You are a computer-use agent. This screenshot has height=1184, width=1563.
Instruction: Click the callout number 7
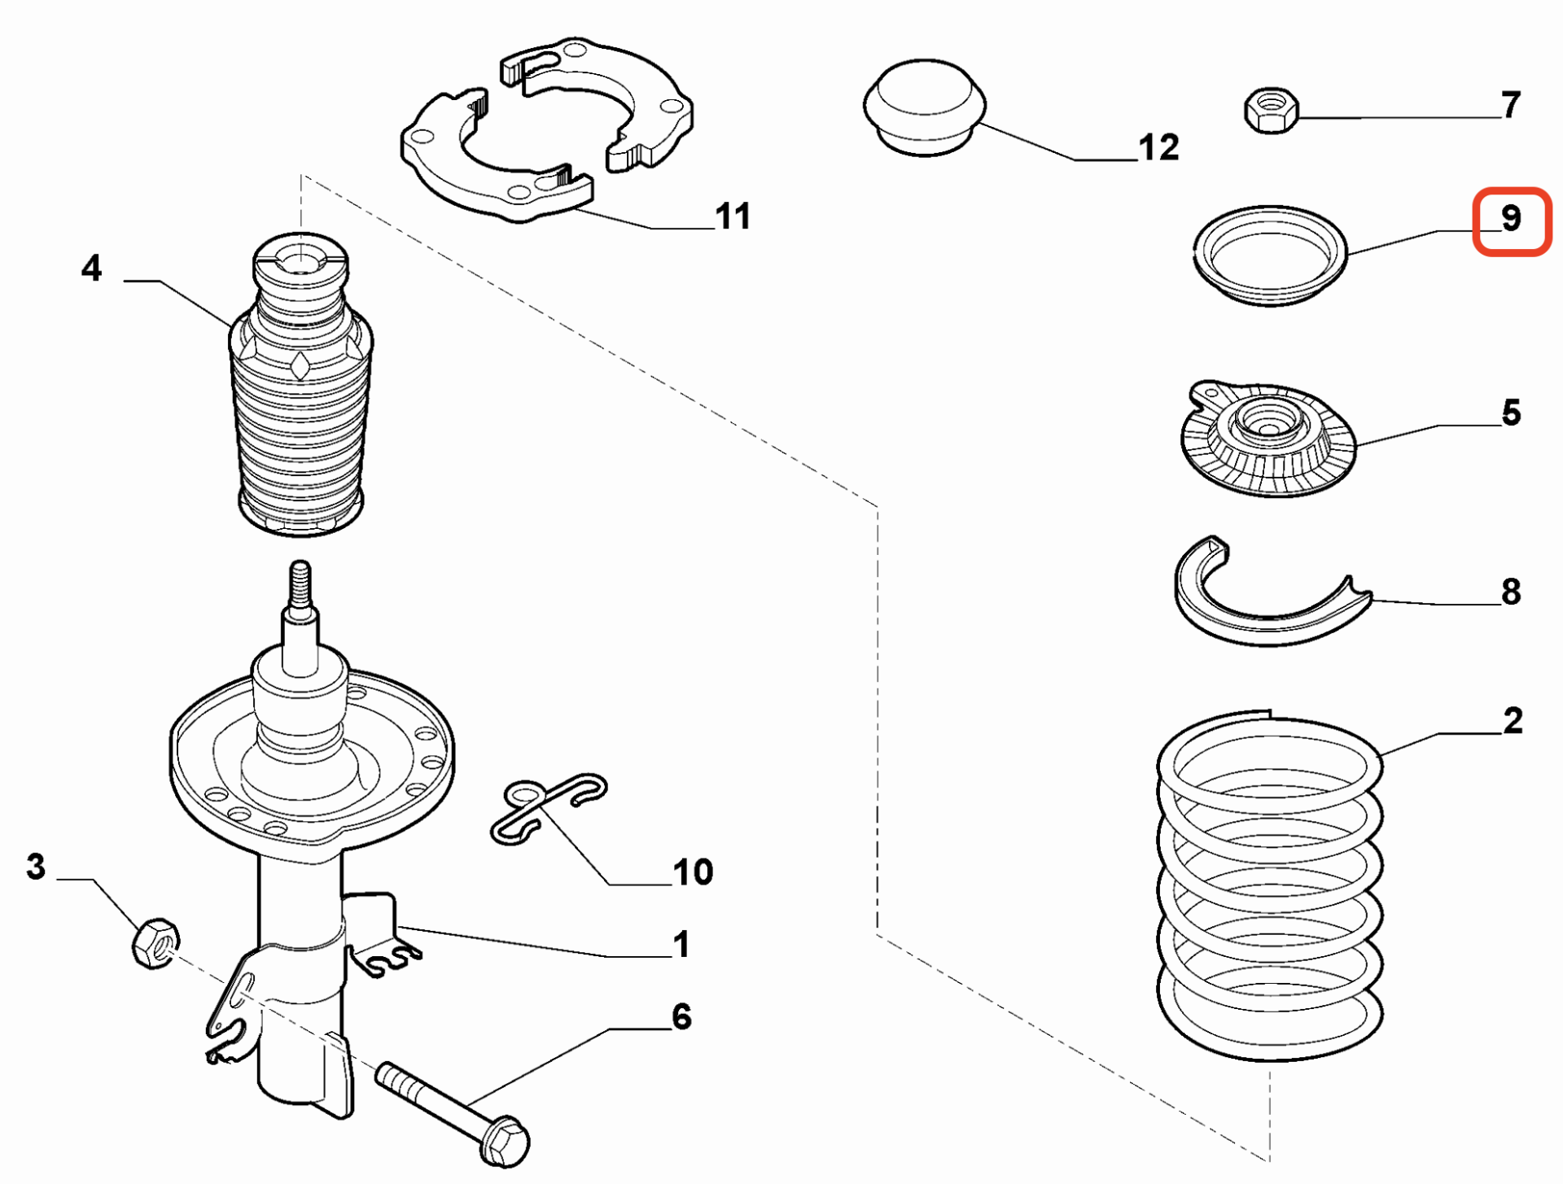pyautogui.click(x=1511, y=104)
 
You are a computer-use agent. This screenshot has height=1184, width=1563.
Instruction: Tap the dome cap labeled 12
pyautogui.click(x=924, y=106)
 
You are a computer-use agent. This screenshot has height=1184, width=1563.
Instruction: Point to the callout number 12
pyautogui.click(x=1158, y=148)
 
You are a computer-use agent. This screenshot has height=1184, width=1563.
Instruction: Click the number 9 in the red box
pyautogui.click(x=1511, y=218)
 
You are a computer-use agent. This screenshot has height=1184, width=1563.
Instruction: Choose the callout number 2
pyautogui.click(x=1513, y=721)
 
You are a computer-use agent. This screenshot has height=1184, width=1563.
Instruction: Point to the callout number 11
pyautogui.click(x=733, y=216)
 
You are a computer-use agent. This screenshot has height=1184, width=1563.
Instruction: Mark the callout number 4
pyautogui.click(x=91, y=268)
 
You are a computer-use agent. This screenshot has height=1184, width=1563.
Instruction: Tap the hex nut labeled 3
pyautogui.click(x=155, y=943)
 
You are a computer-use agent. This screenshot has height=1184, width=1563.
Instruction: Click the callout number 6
pyautogui.click(x=681, y=1016)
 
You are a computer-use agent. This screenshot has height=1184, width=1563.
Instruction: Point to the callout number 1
pyautogui.click(x=681, y=944)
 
